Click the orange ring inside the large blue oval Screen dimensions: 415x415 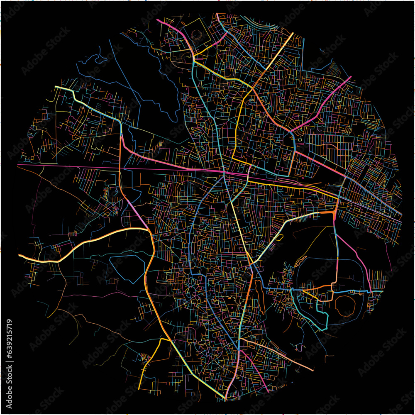tap(344, 306)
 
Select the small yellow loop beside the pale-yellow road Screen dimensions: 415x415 tap(279, 238)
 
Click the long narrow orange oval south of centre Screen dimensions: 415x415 tap(260, 295)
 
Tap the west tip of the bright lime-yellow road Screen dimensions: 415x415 tap(56, 87)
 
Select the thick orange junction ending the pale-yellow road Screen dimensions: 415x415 tap(334, 212)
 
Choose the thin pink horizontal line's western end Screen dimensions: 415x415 tap(18, 165)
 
